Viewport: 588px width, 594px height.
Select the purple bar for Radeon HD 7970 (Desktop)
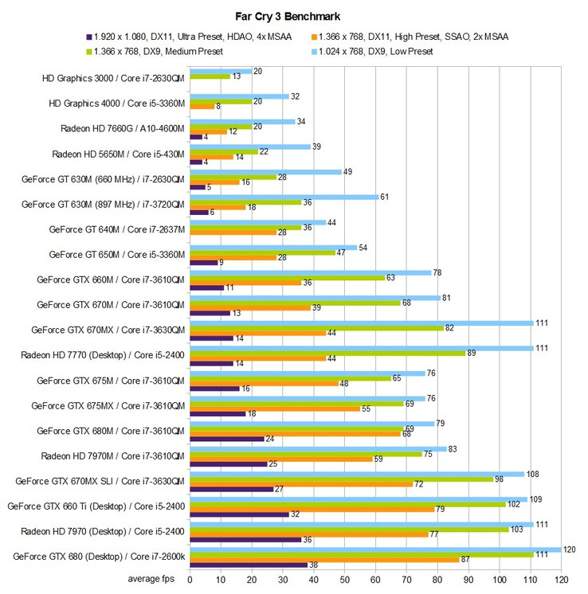click(245, 539)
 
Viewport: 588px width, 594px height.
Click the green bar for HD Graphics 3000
click(209, 76)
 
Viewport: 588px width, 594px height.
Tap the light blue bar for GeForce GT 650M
click(272, 248)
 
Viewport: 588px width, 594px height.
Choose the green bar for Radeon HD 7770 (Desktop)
click(327, 353)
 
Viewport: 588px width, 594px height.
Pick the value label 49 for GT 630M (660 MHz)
click(347, 172)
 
